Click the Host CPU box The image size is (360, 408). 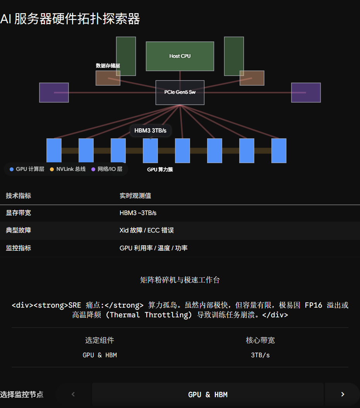tap(180, 56)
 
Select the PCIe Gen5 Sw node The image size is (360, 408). tap(180, 92)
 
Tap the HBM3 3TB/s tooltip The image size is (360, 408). tap(150, 131)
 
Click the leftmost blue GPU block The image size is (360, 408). tap(54, 151)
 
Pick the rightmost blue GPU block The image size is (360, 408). tap(279, 151)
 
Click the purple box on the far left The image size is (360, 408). tap(54, 93)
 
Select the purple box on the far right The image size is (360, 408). tap(306, 93)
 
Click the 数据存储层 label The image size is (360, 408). tap(108, 65)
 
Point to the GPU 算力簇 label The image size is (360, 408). tap(160, 170)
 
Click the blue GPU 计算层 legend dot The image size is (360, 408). tap(12, 169)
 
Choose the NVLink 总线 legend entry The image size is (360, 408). tap(68, 169)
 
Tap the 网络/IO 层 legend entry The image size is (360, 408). tap(107, 169)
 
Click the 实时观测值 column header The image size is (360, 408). tap(135, 196)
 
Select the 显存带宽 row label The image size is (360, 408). tap(19, 213)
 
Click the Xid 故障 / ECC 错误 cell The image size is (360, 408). tap(147, 230)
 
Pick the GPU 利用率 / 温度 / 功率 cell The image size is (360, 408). tap(153, 248)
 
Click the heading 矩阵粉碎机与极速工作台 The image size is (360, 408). tap(180, 280)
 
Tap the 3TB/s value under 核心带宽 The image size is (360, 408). tap(260, 355)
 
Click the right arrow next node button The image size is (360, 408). tap(343, 394)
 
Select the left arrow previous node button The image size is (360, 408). tap(73, 394)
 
